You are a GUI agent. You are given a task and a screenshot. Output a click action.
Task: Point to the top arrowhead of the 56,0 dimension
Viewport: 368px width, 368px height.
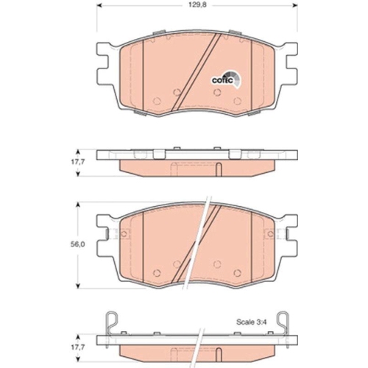(79, 205)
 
